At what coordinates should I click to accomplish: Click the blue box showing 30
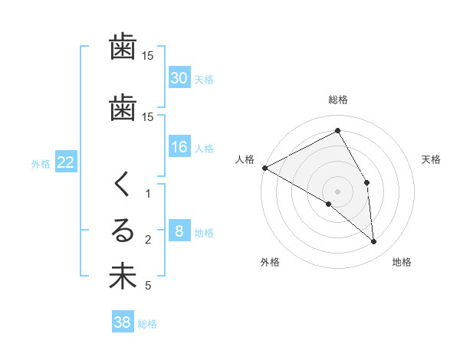[179, 78]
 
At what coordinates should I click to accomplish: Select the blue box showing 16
[179, 147]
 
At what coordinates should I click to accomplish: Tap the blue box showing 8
[179, 231]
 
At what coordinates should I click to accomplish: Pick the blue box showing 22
[66, 162]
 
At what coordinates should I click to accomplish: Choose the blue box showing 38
[122, 322]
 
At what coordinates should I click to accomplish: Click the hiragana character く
[123, 185]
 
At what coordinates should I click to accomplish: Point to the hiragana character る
[123, 231]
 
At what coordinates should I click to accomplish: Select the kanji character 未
[123, 276]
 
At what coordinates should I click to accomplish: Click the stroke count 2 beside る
[148, 240]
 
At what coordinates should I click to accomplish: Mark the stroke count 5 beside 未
[148, 286]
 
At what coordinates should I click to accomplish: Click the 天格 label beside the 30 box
[204, 80]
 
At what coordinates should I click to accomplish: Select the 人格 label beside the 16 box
[204, 149]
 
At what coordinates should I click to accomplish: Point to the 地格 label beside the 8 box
[204, 233]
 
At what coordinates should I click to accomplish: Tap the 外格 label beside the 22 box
[41, 164]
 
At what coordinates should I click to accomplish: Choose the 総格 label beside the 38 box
[147, 324]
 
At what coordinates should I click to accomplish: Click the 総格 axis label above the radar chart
[337, 100]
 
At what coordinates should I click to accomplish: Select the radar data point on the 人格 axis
[264, 168]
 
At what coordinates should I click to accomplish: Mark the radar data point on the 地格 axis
[374, 241]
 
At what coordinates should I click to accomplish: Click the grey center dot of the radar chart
[337, 191]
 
